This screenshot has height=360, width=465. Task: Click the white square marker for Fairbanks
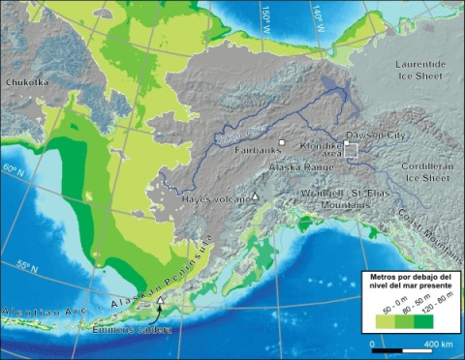(x=282, y=142)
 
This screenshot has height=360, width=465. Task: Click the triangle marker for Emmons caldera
(x=159, y=302)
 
